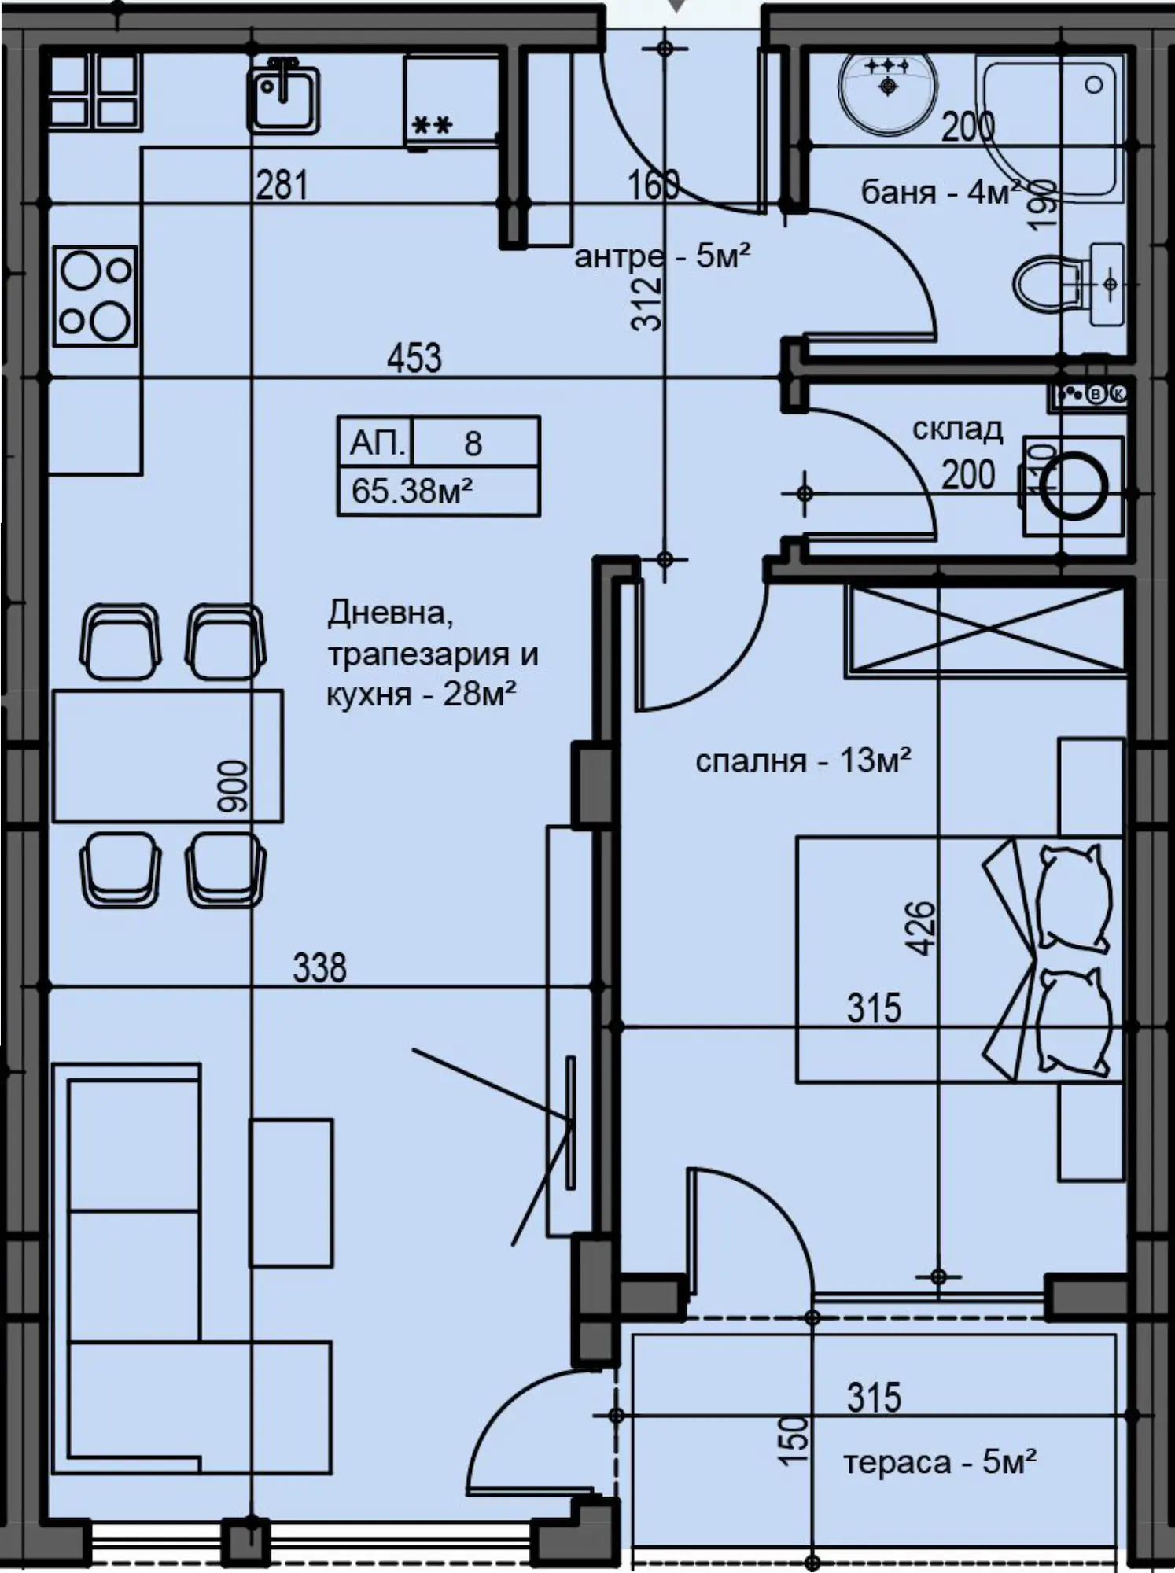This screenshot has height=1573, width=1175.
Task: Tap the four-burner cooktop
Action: coord(94,296)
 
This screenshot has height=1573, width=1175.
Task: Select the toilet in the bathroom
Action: coord(1069,283)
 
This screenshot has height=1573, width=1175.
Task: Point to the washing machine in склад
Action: coord(1073,486)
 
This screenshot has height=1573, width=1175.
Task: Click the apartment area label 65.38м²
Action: coord(411,491)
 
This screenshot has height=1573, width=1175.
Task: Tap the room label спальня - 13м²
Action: coord(803,761)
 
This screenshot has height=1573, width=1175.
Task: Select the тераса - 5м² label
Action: coord(940,1462)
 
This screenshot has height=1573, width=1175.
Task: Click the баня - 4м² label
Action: coord(941,191)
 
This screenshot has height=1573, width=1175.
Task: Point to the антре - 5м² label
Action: coord(662,256)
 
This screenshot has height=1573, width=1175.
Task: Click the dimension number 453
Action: coord(414,358)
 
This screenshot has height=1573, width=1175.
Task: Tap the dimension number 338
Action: coord(319,967)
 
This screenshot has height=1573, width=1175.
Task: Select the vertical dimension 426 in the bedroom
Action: coord(923,928)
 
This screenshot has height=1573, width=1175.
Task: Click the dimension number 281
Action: coord(282,185)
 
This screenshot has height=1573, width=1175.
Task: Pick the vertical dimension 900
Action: coord(233,786)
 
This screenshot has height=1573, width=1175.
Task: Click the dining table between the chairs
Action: coord(168,756)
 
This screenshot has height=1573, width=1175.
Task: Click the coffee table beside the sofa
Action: coord(291,1192)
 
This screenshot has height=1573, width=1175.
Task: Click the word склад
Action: coord(957,429)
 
